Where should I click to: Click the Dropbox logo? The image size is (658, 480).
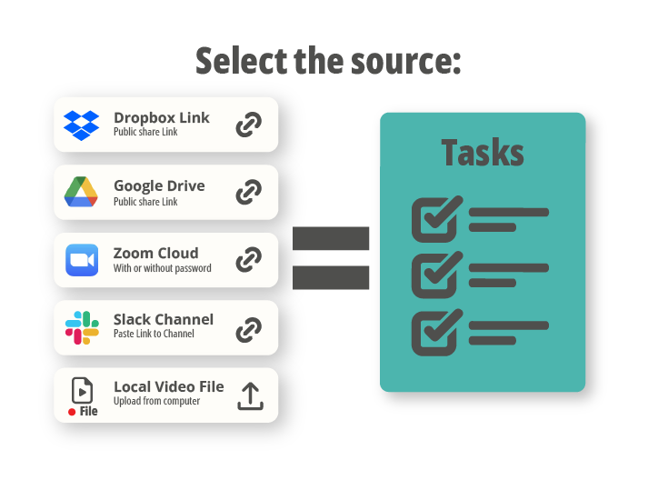(x=82, y=125)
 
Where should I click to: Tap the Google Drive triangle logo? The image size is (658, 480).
(x=81, y=192)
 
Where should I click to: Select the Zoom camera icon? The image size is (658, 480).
(x=82, y=260)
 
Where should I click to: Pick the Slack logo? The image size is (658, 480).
(x=82, y=327)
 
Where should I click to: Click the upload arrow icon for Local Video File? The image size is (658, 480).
(x=251, y=396)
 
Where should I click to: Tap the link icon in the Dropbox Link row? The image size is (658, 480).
(x=249, y=125)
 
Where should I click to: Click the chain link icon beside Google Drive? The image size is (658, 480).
(x=249, y=192)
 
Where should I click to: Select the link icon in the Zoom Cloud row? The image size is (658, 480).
(x=249, y=259)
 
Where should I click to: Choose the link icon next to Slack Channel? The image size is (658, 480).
(x=249, y=329)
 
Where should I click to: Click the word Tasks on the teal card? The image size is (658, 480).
(x=483, y=153)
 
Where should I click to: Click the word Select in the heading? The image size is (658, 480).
(x=241, y=60)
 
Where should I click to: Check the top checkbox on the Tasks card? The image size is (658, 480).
(x=436, y=219)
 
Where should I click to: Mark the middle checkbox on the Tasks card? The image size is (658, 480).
(x=436, y=275)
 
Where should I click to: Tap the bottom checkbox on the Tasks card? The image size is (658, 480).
(x=436, y=333)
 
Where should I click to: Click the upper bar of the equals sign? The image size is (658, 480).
(x=331, y=238)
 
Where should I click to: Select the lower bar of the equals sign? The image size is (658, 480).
(x=331, y=278)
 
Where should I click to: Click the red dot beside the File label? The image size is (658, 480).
(x=72, y=412)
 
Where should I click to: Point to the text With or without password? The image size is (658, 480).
(x=163, y=268)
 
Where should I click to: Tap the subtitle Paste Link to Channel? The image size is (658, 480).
(x=154, y=334)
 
